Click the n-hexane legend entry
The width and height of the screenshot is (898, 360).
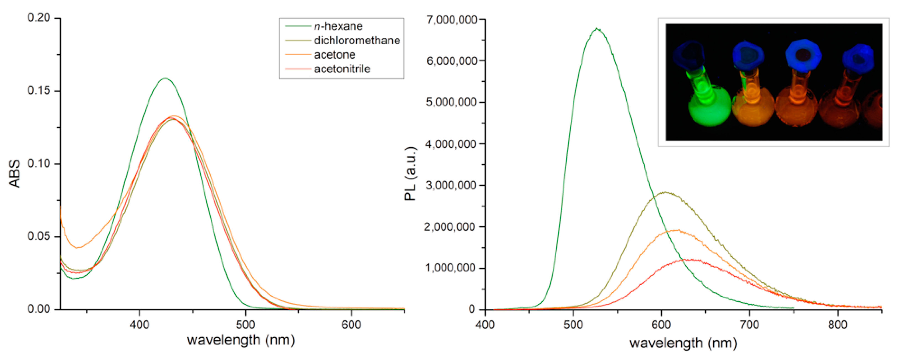click(x=338, y=26)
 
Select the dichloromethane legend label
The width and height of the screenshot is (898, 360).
click(x=357, y=40)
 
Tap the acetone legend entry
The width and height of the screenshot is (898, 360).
click(x=335, y=55)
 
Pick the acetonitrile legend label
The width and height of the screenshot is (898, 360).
click(x=342, y=69)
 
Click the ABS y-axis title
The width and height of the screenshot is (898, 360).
click(x=15, y=173)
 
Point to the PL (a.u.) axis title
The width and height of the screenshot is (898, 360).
click(x=410, y=173)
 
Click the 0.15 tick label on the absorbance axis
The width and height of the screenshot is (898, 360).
click(x=39, y=90)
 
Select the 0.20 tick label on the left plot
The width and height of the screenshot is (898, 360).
click(x=39, y=17)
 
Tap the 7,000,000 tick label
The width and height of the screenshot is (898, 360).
click(x=452, y=20)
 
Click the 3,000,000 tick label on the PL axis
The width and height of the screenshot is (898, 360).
click(x=452, y=185)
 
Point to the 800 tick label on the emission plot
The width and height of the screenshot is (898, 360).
click(x=837, y=325)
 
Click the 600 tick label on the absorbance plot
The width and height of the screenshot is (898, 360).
click(x=351, y=325)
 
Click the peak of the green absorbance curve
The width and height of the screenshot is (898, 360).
click(x=165, y=78)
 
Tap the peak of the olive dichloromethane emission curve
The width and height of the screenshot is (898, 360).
click(x=665, y=192)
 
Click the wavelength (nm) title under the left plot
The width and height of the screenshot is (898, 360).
click(x=241, y=340)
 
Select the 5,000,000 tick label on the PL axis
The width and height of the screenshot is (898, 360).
click(x=452, y=102)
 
